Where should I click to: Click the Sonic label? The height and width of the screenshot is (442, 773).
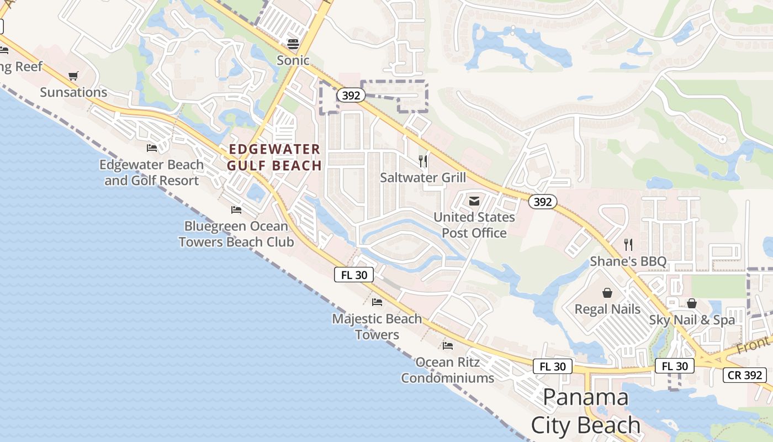293,60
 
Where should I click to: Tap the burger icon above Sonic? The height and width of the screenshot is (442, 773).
293,44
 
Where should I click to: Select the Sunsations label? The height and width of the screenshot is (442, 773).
73,92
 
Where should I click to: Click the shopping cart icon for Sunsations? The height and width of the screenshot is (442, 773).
73,76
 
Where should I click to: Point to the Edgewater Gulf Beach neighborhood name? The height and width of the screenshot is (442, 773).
274,157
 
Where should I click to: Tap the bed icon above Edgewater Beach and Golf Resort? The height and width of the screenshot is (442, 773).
152,148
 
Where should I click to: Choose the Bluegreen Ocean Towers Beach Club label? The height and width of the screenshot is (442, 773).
236,234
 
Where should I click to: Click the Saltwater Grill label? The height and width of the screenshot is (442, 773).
423,177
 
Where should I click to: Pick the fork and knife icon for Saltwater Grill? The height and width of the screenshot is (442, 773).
423,161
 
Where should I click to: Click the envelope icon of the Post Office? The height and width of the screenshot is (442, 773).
474,201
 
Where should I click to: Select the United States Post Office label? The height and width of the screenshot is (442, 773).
474,225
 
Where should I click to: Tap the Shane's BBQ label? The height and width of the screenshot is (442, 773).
628,261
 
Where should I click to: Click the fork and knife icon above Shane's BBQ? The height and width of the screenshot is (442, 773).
628,244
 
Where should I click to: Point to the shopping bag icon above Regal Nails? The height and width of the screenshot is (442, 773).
607,293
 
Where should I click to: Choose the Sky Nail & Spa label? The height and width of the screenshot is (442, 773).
692,319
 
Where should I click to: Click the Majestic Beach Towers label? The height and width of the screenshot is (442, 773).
377,327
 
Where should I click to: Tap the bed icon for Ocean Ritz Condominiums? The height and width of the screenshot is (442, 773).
448,346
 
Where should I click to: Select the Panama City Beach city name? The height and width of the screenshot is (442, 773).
586,411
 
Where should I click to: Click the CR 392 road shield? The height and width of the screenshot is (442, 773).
745,375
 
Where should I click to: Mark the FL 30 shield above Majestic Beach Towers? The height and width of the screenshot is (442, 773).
354,275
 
